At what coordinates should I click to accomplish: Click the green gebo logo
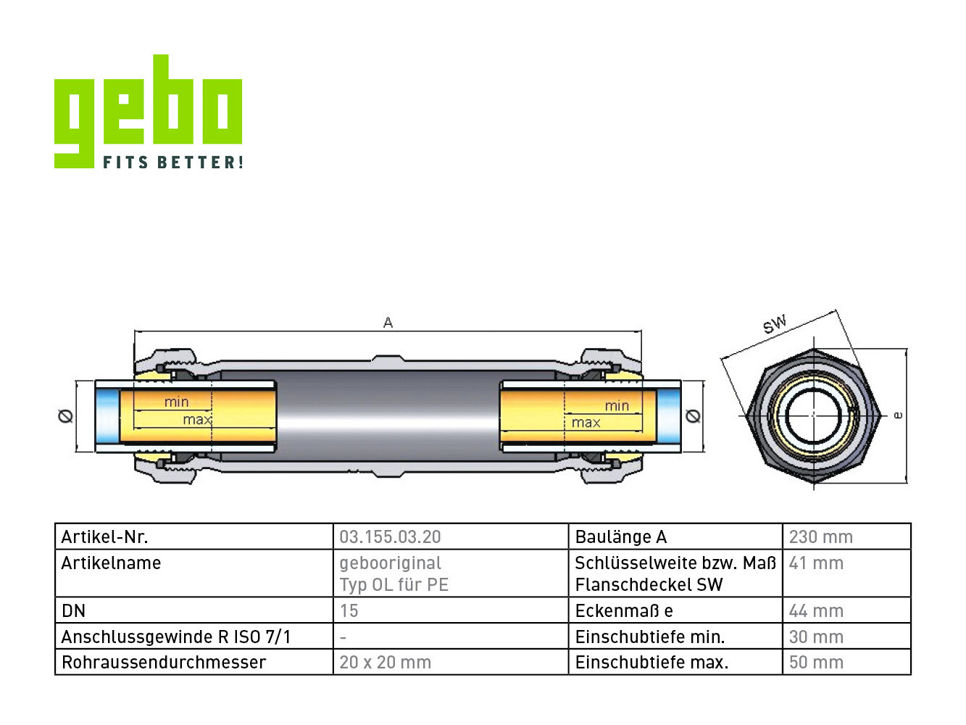coord(148,111)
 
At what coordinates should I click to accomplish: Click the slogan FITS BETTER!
coord(173,162)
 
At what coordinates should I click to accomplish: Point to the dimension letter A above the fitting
coord(388,323)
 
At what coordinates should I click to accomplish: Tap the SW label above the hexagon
coord(774,324)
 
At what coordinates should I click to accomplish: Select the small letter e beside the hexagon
coord(898,415)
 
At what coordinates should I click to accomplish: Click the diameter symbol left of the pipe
coord(65,415)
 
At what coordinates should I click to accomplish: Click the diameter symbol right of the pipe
coord(693,415)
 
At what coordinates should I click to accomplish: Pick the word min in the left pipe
coord(177,402)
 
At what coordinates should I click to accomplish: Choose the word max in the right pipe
coord(586,423)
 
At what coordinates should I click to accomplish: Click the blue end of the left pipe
coord(107,416)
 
